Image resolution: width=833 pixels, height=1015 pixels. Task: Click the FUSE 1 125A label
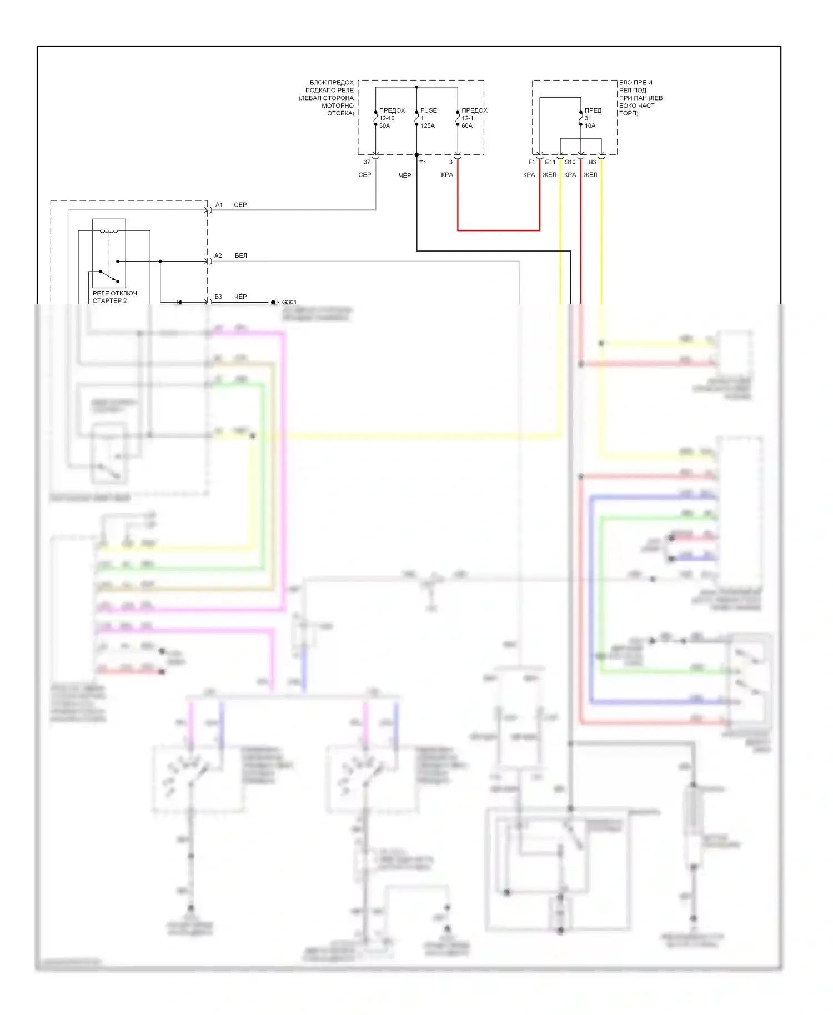(x=428, y=118)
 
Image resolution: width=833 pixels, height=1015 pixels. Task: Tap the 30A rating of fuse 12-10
(x=384, y=126)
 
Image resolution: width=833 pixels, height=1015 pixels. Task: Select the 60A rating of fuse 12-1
(x=467, y=126)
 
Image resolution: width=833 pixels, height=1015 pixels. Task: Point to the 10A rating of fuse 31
(x=590, y=126)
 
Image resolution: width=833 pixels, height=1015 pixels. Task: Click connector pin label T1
(x=423, y=163)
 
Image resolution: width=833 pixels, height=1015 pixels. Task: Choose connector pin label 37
(x=367, y=162)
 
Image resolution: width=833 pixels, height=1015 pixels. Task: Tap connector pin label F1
(x=531, y=162)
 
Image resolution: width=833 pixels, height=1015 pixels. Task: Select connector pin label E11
(x=550, y=162)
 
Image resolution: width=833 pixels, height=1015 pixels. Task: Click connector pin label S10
(x=570, y=162)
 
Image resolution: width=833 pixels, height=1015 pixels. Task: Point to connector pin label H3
(x=592, y=162)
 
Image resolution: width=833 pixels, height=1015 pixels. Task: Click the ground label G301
(x=289, y=302)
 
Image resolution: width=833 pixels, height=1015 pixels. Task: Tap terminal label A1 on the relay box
(x=219, y=205)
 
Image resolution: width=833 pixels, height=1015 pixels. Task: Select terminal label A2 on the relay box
(x=218, y=255)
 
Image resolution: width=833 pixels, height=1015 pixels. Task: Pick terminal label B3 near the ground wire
(x=218, y=297)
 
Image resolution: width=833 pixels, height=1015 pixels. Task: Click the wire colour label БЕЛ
(x=240, y=255)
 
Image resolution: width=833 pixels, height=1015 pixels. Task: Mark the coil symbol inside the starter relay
(x=109, y=231)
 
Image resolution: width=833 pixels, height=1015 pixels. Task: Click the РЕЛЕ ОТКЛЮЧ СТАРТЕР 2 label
(x=114, y=297)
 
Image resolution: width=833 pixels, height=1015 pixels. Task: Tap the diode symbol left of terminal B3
(x=179, y=302)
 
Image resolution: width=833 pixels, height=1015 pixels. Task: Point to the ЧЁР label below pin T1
(x=405, y=175)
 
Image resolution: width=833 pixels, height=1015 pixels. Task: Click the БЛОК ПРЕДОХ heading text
(x=332, y=83)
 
